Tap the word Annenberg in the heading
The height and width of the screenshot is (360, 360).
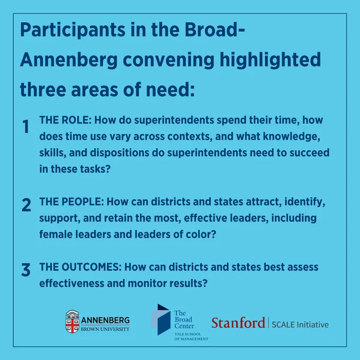(x=69, y=59)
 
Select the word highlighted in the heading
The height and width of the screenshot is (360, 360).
(x=270, y=59)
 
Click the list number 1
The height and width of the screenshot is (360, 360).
(x=26, y=127)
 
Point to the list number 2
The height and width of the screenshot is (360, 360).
(x=26, y=205)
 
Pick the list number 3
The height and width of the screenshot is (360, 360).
(x=26, y=269)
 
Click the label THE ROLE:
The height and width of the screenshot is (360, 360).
(x=66, y=120)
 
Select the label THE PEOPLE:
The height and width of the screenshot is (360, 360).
(x=71, y=202)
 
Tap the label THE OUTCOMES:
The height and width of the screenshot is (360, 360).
(x=80, y=267)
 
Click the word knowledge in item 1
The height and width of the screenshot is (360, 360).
(x=291, y=137)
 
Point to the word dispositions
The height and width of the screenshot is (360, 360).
(x=120, y=153)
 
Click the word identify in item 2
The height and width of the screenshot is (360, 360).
(x=304, y=202)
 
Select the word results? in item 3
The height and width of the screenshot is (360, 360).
(x=188, y=283)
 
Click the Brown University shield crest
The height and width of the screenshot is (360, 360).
(x=73, y=322)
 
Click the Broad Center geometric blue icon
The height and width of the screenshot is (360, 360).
(x=161, y=319)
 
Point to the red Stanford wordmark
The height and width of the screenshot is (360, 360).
(x=238, y=322)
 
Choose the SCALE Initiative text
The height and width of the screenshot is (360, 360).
(x=300, y=325)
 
